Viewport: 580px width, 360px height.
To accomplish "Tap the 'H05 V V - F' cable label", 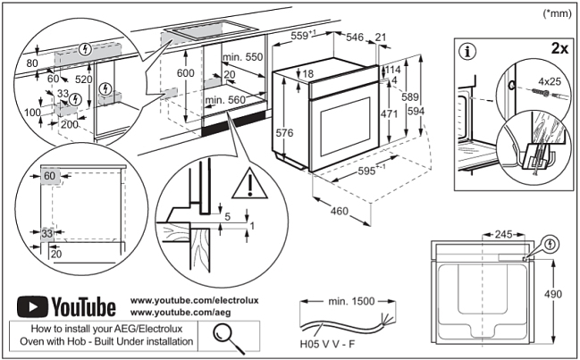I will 328,343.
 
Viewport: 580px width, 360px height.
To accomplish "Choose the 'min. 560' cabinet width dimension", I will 224,101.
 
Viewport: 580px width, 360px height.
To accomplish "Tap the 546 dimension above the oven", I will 355,37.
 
